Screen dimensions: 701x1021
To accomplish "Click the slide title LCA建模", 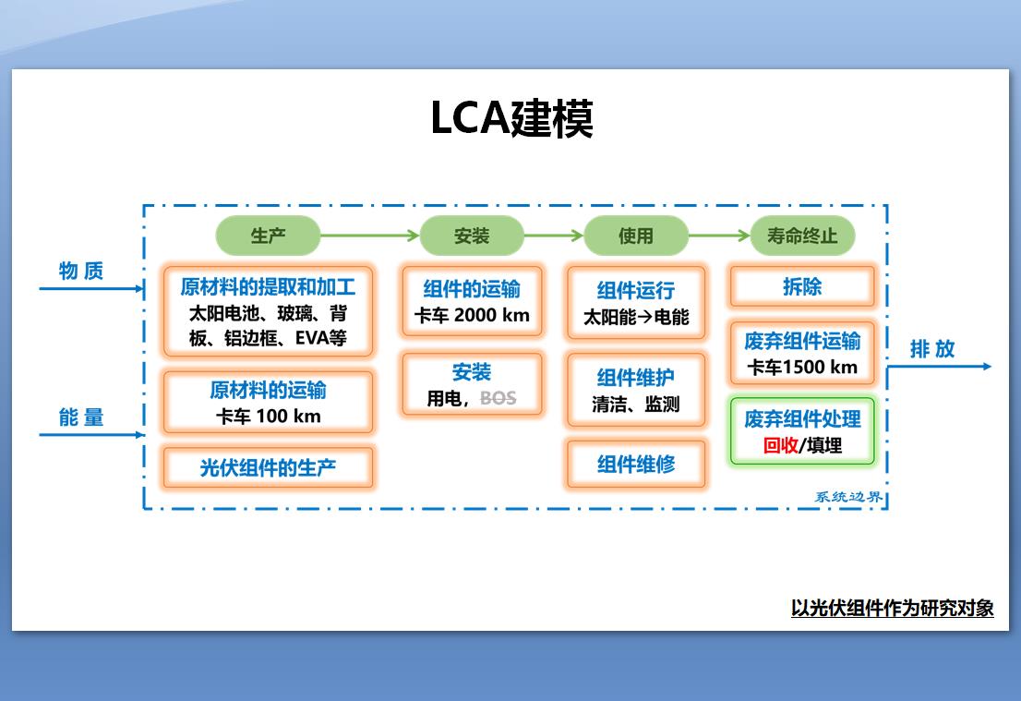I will (x=511, y=118).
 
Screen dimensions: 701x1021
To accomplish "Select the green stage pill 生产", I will (x=268, y=236).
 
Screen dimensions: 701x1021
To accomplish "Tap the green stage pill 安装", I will (x=471, y=236).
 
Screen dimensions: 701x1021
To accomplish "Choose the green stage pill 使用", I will (x=635, y=236).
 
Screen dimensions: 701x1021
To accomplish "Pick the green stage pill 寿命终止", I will (x=801, y=236).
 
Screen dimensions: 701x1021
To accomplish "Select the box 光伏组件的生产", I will (x=268, y=467).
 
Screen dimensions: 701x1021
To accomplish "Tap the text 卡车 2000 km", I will (x=472, y=315).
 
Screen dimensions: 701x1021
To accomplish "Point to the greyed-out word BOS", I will (x=498, y=399).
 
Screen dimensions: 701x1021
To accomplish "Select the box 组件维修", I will (x=635, y=464).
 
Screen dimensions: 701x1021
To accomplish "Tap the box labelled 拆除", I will (x=801, y=287).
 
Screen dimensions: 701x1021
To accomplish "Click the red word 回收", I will (x=780, y=445).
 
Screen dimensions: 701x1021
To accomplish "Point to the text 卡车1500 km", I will (x=801, y=367).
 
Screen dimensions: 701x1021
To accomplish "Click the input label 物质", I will (x=81, y=271).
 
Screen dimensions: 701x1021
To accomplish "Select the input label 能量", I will (x=81, y=417).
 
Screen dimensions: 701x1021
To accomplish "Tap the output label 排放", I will (x=932, y=349).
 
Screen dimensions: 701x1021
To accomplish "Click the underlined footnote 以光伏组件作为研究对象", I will (x=892, y=608).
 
